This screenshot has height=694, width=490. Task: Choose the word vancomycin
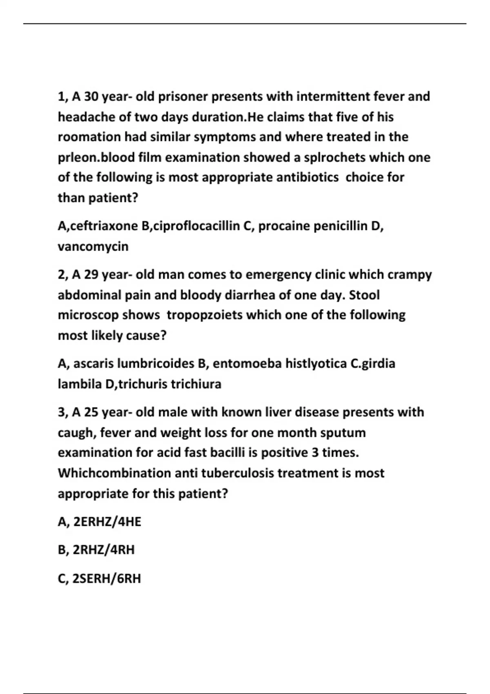pos(93,246)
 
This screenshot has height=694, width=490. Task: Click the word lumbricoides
pos(155,363)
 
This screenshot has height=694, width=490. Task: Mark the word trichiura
pos(196,384)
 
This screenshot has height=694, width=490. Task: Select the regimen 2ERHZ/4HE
pos(107,522)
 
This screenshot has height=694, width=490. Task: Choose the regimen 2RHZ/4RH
pos(103,550)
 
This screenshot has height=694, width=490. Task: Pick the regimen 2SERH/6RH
pos(106,578)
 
